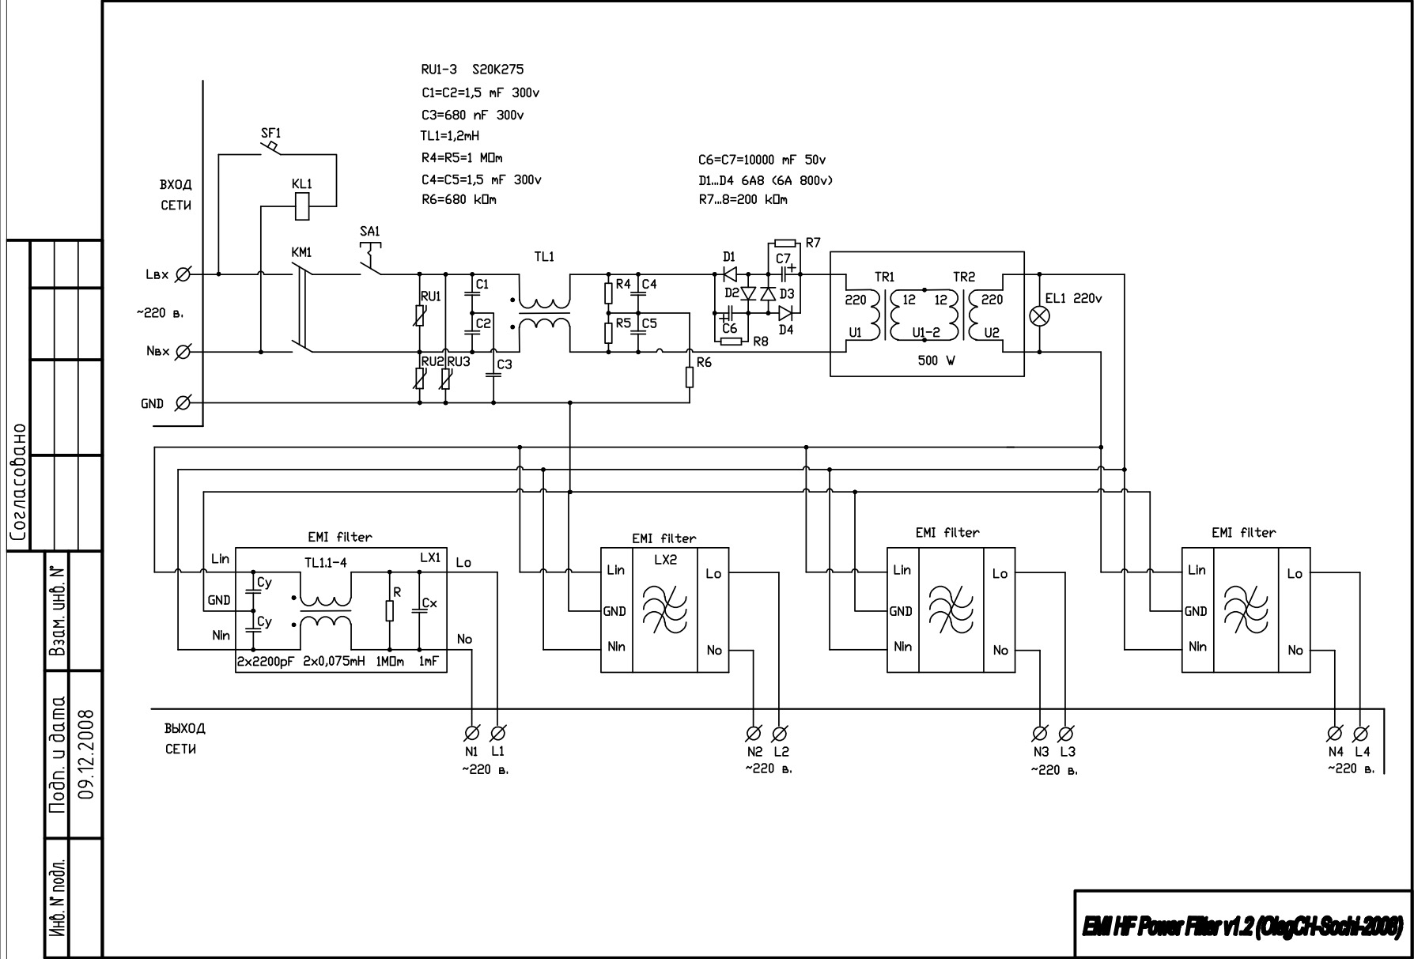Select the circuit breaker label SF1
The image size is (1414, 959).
(270, 133)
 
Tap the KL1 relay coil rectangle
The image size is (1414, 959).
(302, 207)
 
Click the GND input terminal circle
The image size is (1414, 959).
(181, 403)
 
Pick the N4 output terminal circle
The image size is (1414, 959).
(1335, 732)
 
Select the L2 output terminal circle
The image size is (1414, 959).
(780, 732)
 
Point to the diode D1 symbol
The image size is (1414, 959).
(729, 274)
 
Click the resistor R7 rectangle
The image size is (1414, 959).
(785, 243)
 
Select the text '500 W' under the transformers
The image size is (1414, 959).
(936, 361)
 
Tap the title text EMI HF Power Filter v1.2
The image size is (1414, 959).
(1242, 925)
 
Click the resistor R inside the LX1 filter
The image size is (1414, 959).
(389, 611)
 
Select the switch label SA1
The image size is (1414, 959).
(369, 232)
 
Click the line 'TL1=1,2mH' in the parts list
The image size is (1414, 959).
(450, 136)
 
